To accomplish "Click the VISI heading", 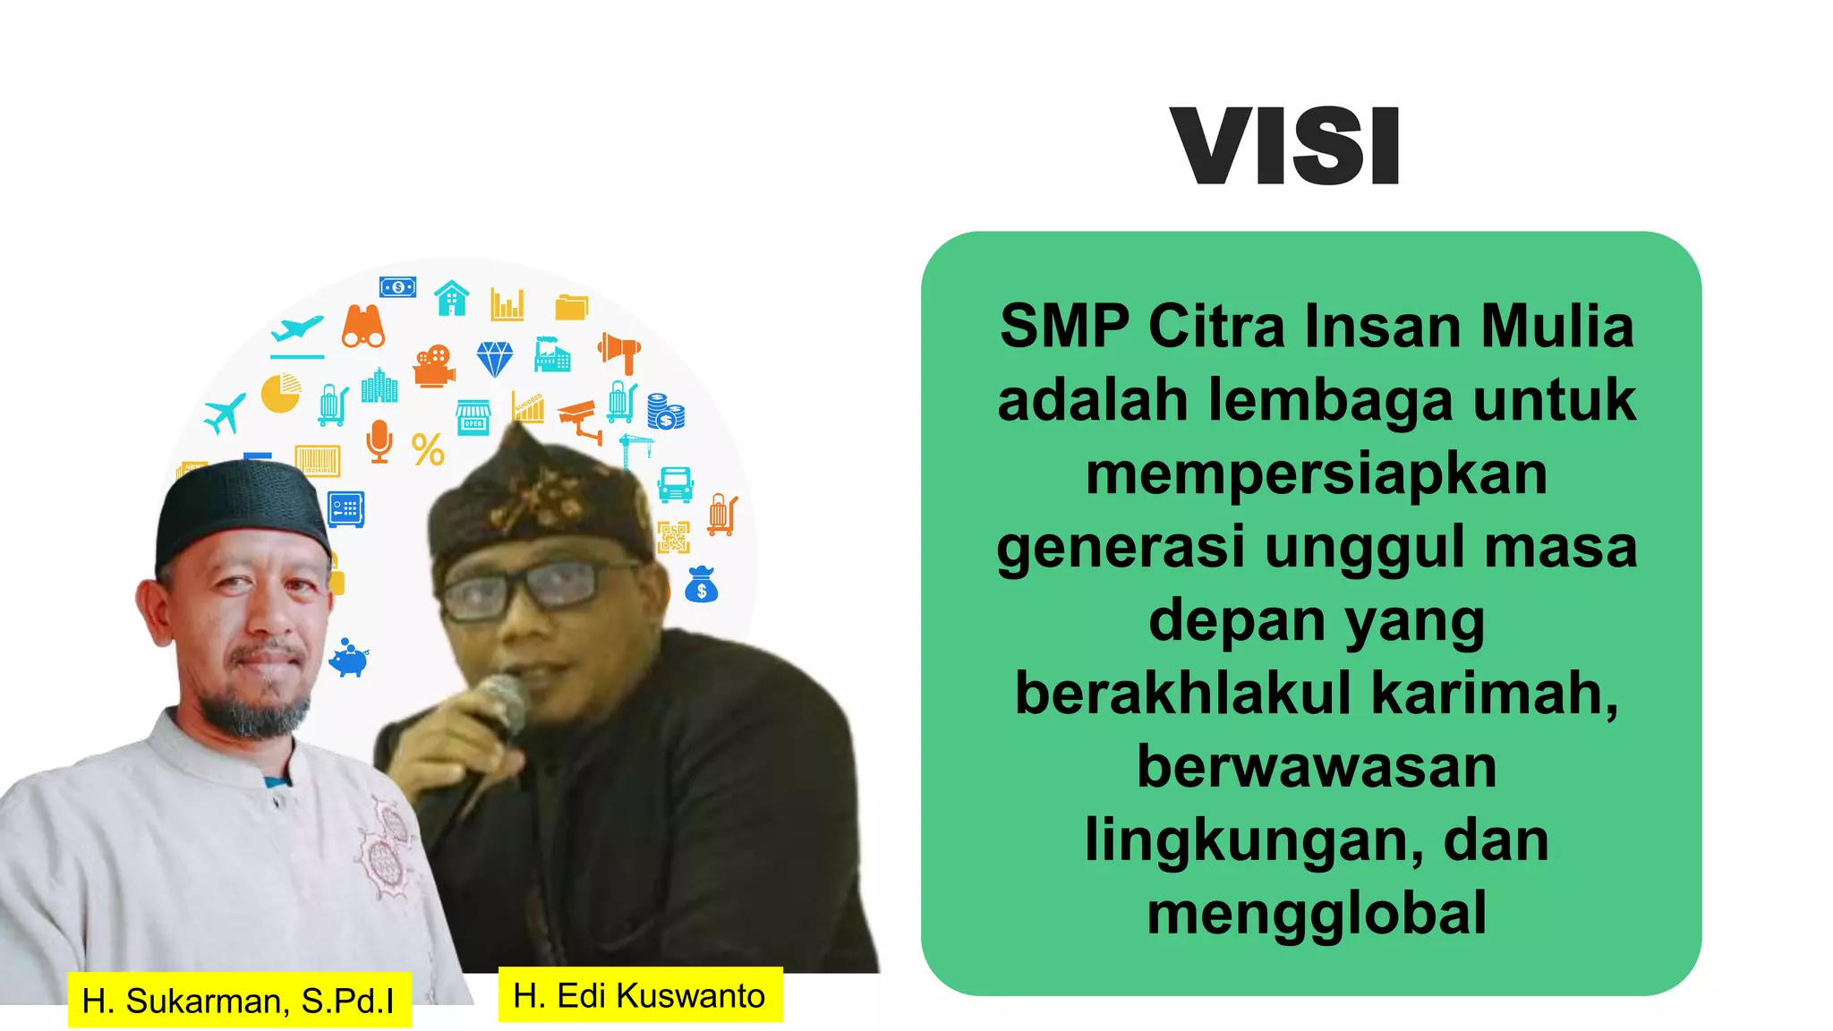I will [1284, 147].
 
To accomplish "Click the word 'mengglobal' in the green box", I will [1317, 914].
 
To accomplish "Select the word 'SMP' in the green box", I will [1064, 327].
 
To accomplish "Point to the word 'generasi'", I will [1121, 547].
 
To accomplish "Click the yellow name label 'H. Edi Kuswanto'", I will [640, 995].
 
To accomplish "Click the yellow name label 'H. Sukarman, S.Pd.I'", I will [239, 1001].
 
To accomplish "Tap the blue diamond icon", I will [494, 359].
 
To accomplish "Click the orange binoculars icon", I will [363, 327].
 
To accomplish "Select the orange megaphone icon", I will [619, 352].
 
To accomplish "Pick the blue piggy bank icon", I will [349, 659].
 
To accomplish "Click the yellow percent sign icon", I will [428, 449].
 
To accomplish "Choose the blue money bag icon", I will [701, 585].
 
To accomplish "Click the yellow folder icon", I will [571, 307].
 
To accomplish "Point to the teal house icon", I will [452, 298].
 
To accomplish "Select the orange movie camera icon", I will [434, 365].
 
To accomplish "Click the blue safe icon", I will [345, 509].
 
